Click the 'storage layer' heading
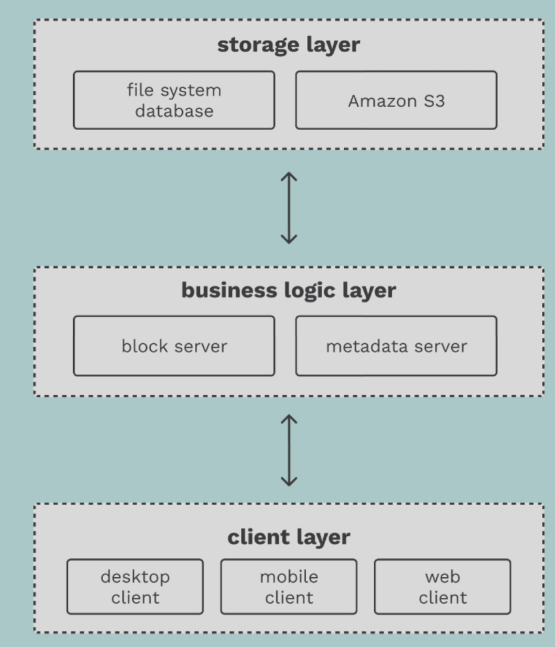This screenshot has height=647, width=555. point(288,45)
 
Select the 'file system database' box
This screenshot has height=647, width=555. point(174,100)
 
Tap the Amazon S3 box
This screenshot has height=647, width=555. point(396,101)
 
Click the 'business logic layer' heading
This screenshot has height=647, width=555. point(288,290)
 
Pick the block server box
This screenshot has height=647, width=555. point(174,346)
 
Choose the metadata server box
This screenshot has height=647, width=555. point(396,346)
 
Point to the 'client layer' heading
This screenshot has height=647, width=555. point(288,537)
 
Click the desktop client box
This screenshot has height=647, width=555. point(135,586)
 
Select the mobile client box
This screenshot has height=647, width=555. point(289,586)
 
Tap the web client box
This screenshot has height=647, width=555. point(443,586)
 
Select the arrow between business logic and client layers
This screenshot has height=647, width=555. point(289,450)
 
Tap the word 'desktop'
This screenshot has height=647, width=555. point(135,577)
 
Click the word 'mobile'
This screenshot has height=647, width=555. point(289,576)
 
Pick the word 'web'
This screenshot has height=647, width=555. point(443,576)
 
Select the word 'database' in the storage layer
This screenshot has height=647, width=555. point(174,110)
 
